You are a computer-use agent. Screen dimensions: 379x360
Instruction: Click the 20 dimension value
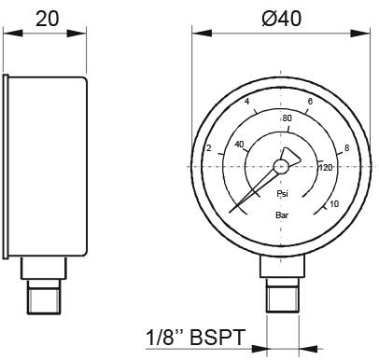pos(47,19)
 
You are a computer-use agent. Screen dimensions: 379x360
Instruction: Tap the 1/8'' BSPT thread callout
pos(196,337)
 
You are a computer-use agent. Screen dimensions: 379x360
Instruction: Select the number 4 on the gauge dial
pos(247,102)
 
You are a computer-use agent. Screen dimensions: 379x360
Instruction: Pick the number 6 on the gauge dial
pos(310,102)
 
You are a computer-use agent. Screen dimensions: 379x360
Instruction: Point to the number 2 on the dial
pos(209,148)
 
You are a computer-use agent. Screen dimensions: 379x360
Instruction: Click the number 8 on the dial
pos(347,148)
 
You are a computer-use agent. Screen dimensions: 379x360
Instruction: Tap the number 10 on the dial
pos(334,204)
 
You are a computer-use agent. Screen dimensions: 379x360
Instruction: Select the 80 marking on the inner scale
pos(288,118)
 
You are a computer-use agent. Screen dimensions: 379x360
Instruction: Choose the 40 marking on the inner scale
pos(239,145)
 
